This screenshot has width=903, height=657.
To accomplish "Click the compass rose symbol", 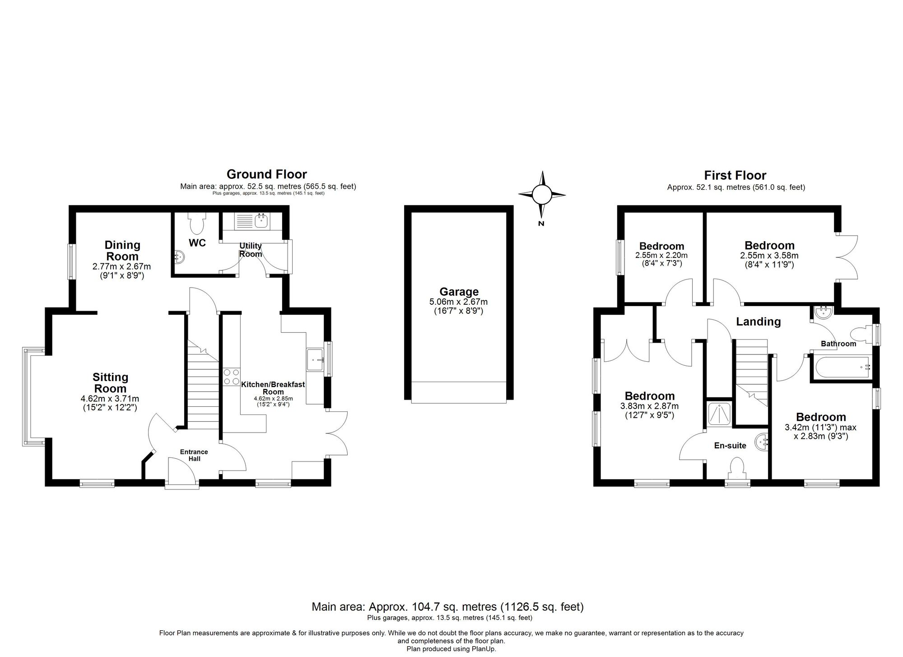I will tap(542, 195).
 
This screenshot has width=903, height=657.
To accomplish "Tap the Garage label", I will tap(459, 292).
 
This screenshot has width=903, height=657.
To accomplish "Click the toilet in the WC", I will tap(197, 222).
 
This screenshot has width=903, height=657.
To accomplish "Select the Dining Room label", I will tap(122, 251).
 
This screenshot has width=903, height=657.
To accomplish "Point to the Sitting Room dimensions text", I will tap(110, 403).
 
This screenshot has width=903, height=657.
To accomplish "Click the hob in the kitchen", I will tap(232, 377).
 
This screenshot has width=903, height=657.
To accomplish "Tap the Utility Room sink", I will tap(261, 221).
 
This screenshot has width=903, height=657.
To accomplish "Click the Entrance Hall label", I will tap(194, 455).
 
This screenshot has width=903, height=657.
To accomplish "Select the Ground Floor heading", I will tap(266, 174).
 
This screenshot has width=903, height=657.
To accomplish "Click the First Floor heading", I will tap(735, 175).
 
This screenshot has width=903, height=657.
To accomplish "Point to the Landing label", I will tap(758, 322).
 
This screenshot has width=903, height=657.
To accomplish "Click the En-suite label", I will tap(730, 446).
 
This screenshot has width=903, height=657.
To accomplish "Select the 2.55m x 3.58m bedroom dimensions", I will tap(769, 260).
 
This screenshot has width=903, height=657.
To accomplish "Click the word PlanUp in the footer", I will tap(484, 649).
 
